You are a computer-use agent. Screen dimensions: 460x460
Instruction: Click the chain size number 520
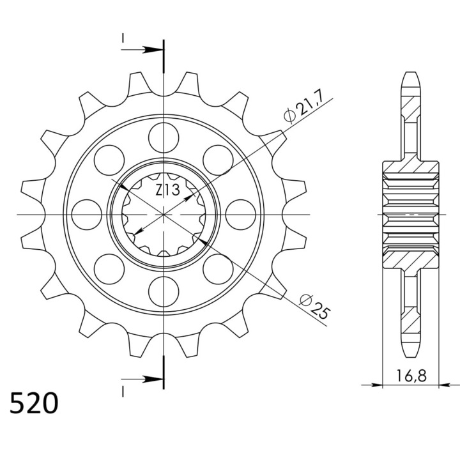click(34, 403)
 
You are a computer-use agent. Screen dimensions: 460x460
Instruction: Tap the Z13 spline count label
click(167, 190)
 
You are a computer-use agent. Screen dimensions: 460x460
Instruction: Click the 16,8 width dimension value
click(411, 376)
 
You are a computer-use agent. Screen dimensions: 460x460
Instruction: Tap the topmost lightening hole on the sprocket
click(164, 137)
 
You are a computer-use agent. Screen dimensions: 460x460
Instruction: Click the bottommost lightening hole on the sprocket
click(164, 291)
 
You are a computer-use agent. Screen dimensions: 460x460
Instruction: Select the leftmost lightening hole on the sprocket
click(86, 215)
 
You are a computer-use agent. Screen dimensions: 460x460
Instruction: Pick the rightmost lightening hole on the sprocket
click(241, 215)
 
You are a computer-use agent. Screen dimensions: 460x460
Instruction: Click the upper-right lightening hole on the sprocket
click(218, 160)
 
